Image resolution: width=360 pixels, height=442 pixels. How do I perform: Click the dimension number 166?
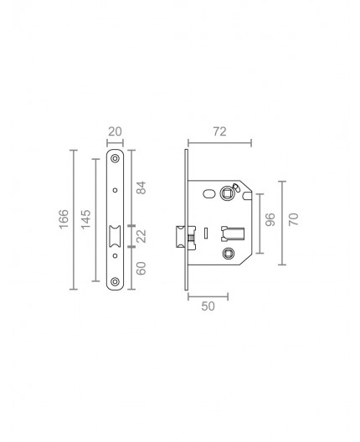[64, 220]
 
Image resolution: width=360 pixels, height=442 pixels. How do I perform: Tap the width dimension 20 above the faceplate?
[116, 132]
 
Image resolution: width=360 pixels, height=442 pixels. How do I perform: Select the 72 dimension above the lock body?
[219, 132]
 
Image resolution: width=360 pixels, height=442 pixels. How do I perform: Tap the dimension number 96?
[270, 222]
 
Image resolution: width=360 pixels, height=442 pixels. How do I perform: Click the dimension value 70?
[293, 221]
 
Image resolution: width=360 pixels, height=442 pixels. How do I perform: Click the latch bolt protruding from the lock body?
[181, 239]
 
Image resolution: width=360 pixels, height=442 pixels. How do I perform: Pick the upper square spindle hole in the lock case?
[229, 193]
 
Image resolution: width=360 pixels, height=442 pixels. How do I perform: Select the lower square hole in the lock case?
[229, 252]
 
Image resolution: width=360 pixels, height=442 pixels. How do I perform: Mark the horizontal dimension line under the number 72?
[219, 144]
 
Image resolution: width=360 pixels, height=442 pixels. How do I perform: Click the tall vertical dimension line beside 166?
[75, 220]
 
